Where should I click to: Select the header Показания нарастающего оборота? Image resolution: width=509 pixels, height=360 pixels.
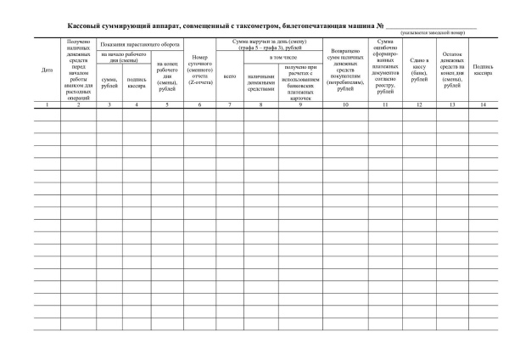pyautogui.click(x=139, y=42)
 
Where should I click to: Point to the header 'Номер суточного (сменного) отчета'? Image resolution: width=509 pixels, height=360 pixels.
pyautogui.click(x=199, y=70)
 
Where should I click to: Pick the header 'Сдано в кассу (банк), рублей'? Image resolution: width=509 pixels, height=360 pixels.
pyautogui.click(x=419, y=70)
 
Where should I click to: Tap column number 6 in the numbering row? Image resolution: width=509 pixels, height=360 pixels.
pyautogui.click(x=199, y=103)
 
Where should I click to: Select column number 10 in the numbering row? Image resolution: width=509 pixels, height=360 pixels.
pyautogui.click(x=344, y=103)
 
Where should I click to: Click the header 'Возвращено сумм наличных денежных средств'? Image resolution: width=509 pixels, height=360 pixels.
pyautogui.click(x=344, y=70)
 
